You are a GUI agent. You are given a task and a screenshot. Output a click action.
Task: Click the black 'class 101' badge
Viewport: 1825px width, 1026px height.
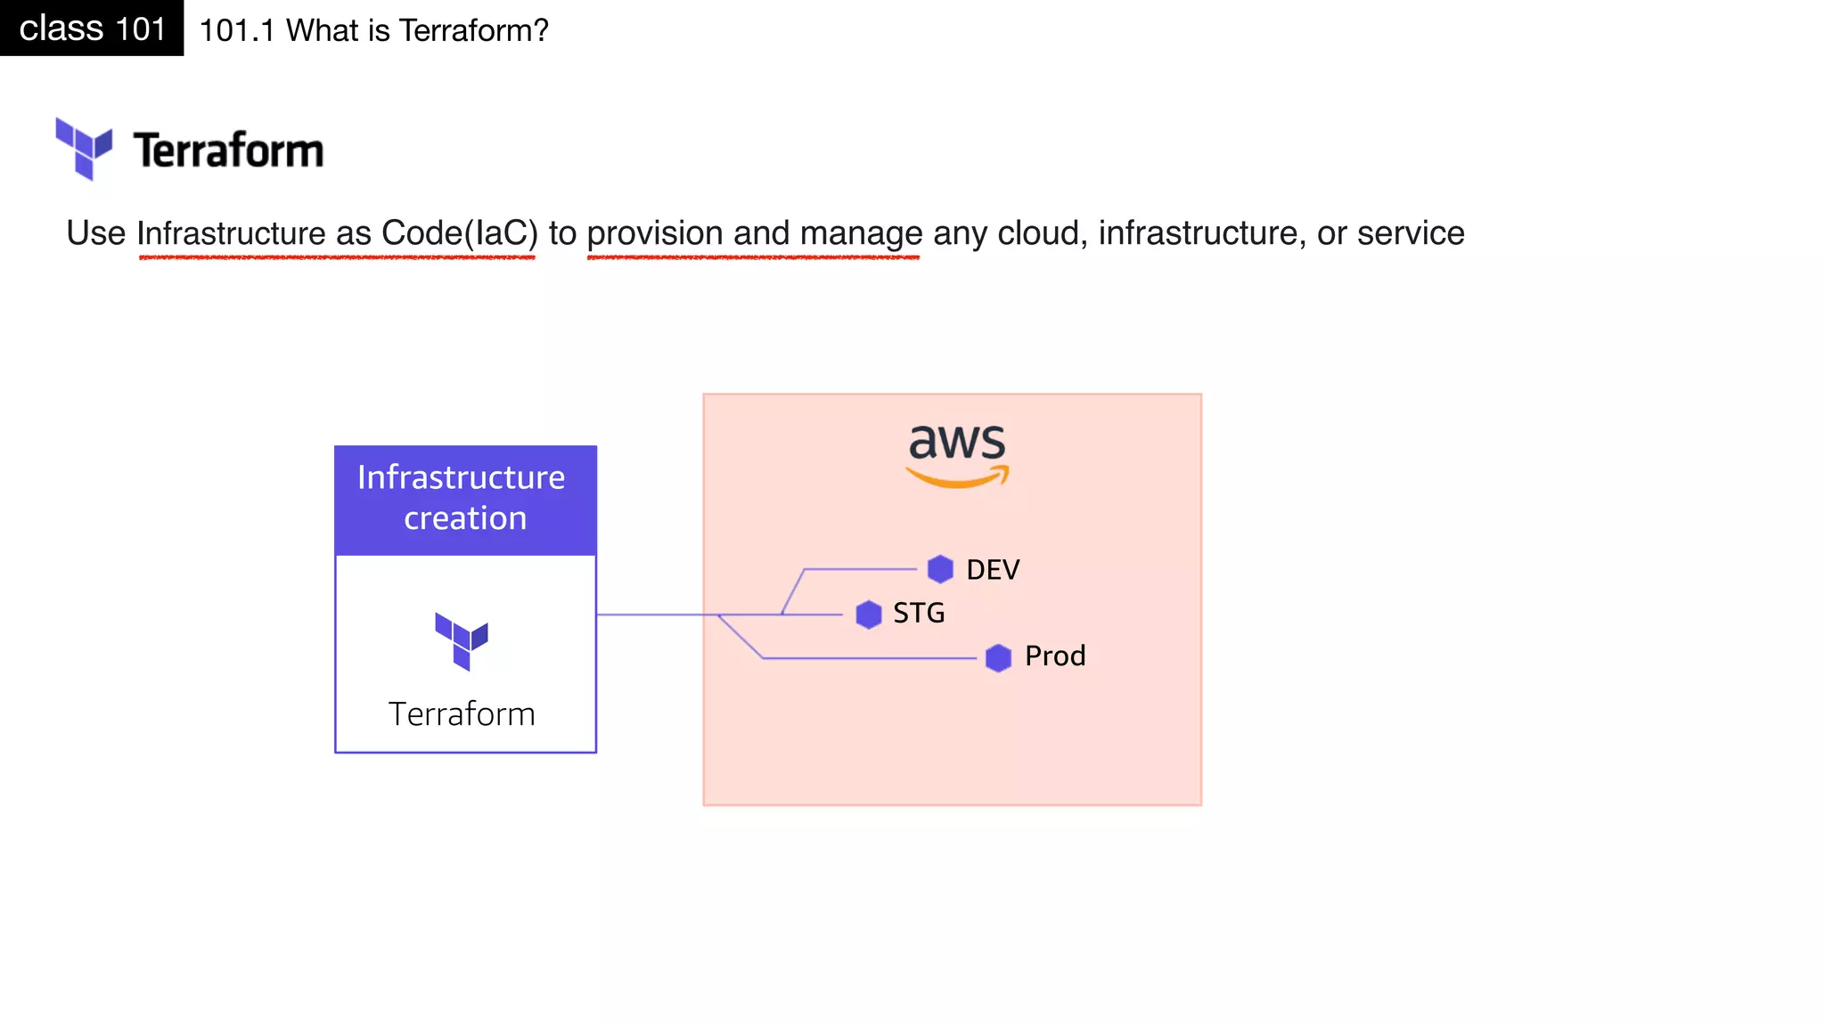click(92, 28)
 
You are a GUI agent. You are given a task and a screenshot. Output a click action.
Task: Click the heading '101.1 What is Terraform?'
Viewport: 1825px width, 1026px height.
click(373, 30)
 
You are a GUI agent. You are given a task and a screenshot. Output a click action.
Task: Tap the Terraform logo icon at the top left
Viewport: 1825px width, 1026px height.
click(84, 148)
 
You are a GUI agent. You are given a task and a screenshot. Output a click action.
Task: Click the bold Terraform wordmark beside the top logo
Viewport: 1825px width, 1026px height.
click(228, 150)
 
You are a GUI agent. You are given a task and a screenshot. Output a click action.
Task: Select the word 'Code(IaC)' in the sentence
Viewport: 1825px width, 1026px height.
click(460, 233)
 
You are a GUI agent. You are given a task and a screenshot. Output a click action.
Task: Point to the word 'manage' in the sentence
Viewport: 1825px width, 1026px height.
click(861, 233)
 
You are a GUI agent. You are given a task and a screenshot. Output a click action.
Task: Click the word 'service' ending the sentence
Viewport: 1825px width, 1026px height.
click(1411, 233)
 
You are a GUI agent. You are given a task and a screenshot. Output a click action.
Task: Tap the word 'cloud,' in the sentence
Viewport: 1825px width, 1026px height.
click(1043, 233)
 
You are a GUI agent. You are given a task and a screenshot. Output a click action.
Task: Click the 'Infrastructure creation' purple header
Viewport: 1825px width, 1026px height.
click(465, 499)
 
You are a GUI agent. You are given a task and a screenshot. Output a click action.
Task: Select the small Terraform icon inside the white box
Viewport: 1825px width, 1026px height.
click(462, 640)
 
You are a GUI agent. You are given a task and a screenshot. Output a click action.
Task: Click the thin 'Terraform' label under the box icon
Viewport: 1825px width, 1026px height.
click(462, 714)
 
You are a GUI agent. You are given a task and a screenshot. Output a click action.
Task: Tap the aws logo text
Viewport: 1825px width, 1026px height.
click(957, 442)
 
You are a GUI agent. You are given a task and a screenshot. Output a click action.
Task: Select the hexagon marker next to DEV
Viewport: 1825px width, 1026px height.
click(940, 569)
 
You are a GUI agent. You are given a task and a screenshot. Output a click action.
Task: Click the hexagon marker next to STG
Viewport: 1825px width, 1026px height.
click(869, 614)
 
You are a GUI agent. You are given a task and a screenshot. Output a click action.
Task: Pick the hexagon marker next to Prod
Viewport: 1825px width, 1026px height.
click(998, 658)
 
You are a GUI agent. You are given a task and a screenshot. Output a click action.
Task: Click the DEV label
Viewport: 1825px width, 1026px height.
click(993, 570)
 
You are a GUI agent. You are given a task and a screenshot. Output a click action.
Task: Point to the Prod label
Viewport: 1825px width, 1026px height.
click(1055, 656)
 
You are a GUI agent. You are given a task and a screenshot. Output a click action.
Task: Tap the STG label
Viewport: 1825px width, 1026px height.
click(919, 614)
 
